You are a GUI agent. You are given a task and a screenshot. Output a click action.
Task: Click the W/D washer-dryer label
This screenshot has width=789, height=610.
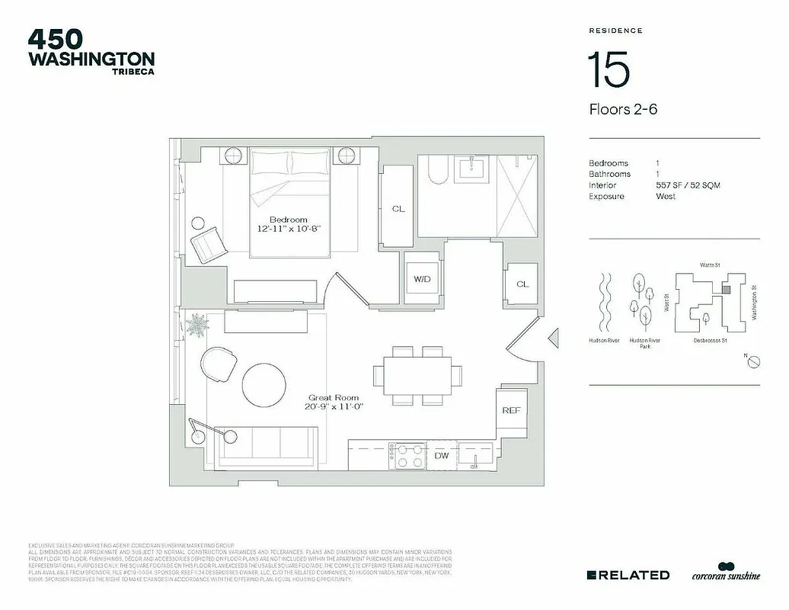point(422,280)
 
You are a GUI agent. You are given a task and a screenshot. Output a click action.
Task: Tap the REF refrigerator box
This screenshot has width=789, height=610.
point(511,410)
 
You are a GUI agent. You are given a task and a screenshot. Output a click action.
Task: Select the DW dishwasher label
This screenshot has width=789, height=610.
point(442,455)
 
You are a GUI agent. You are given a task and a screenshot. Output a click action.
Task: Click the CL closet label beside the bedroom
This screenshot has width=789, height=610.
point(398,209)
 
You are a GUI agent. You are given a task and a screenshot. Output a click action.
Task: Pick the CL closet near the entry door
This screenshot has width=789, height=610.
point(522,284)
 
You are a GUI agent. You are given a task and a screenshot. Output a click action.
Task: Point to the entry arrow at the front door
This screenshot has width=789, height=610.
point(554,336)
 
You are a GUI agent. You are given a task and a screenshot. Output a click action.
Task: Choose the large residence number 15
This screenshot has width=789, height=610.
point(608,70)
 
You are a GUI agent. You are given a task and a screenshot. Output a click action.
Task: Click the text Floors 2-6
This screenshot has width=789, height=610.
point(623,109)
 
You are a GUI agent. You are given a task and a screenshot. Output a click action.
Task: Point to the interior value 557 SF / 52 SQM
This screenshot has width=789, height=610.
point(688,185)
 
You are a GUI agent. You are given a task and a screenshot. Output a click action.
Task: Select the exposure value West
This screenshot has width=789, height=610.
point(666,196)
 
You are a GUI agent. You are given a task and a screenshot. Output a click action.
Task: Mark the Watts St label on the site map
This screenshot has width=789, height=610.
point(709,265)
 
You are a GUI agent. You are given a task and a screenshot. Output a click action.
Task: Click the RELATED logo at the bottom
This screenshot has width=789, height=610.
point(628,575)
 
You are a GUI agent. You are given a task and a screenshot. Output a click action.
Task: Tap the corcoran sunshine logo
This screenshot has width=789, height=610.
point(725,573)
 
